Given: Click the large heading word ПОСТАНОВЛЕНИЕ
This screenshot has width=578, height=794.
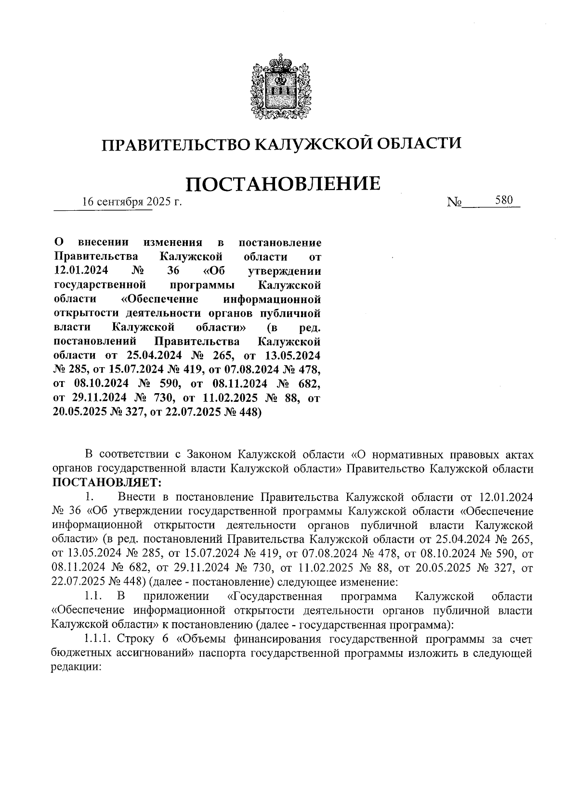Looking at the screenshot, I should point(283,184).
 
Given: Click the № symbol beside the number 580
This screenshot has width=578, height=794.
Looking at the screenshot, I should point(454,203).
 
